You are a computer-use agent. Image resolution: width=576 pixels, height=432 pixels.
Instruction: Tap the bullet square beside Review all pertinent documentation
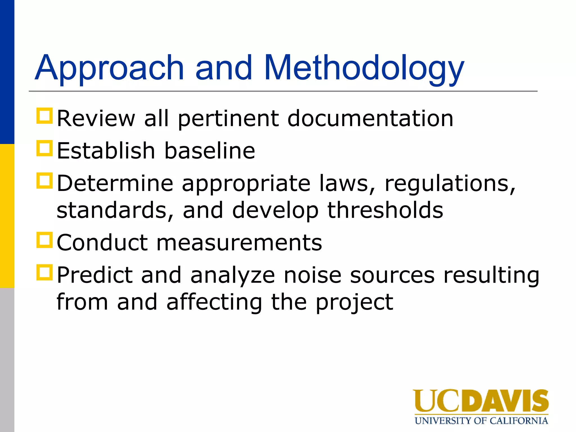coord(44,116)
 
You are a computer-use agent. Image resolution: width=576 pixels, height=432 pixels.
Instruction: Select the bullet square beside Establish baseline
coord(44,148)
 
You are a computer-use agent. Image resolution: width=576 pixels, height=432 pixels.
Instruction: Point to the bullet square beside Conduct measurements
coord(44,240)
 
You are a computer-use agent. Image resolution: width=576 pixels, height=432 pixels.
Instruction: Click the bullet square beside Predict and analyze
coord(44,272)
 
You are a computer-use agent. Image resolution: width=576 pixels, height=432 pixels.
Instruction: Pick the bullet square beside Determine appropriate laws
coord(44,181)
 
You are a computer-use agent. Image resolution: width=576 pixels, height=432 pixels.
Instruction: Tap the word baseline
coord(210,151)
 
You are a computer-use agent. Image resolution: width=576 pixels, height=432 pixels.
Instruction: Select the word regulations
coord(450,183)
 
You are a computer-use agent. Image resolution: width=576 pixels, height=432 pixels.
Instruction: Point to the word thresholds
coord(385,210)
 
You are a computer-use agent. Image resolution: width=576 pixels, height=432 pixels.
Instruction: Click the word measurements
coord(239,242)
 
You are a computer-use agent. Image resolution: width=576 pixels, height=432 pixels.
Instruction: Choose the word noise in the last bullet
coord(312,275)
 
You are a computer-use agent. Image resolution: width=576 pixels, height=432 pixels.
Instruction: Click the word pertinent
coord(228,118)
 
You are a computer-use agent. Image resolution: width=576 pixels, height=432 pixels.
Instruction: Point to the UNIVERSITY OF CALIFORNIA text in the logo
coord(481,421)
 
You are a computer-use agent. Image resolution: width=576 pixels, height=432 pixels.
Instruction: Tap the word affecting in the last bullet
coord(214,302)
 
